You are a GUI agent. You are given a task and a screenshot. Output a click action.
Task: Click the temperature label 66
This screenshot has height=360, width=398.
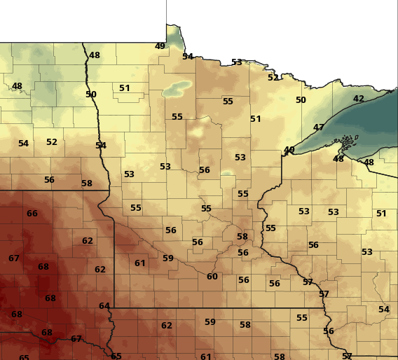[x=32, y=214]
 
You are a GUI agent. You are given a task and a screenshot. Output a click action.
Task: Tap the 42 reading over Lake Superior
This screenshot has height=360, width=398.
[x=358, y=99]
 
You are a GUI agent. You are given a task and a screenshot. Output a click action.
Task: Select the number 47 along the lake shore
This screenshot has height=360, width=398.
[x=319, y=127]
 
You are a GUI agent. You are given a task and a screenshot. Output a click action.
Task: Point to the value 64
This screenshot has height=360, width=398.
[x=104, y=306]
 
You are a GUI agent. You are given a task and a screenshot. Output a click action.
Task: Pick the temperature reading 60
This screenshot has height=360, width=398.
[x=212, y=277]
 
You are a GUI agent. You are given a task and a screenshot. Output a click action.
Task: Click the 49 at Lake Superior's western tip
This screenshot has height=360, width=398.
[x=289, y=150]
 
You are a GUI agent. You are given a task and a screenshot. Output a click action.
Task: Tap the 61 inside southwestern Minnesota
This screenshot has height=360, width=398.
[x=140, y=263]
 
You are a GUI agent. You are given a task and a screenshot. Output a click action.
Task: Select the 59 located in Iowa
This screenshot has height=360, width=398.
[x=210, y=322]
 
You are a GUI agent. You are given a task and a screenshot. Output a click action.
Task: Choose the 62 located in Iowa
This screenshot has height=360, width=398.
[x=167, y=326]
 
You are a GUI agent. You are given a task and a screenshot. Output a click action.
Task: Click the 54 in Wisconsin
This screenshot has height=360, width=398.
[x=384, y=310]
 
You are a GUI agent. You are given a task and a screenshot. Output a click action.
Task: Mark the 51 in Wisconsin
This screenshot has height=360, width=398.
[x=381, y=214]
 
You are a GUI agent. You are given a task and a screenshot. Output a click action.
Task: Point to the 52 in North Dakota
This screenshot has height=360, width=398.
[x=52, y=142]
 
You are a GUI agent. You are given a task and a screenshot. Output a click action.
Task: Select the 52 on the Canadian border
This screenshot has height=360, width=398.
[x=273, y=78]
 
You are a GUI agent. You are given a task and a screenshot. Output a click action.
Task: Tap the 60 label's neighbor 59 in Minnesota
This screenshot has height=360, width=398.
[x=168, y=258]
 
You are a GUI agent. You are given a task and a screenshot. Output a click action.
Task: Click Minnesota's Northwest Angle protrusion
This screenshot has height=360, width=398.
[x=171, y=32]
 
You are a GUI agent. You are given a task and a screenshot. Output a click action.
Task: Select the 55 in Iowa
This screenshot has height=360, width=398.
[x=302, y=318]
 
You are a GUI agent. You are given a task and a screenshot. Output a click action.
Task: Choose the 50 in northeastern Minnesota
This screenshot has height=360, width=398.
[x=301, y=100]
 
